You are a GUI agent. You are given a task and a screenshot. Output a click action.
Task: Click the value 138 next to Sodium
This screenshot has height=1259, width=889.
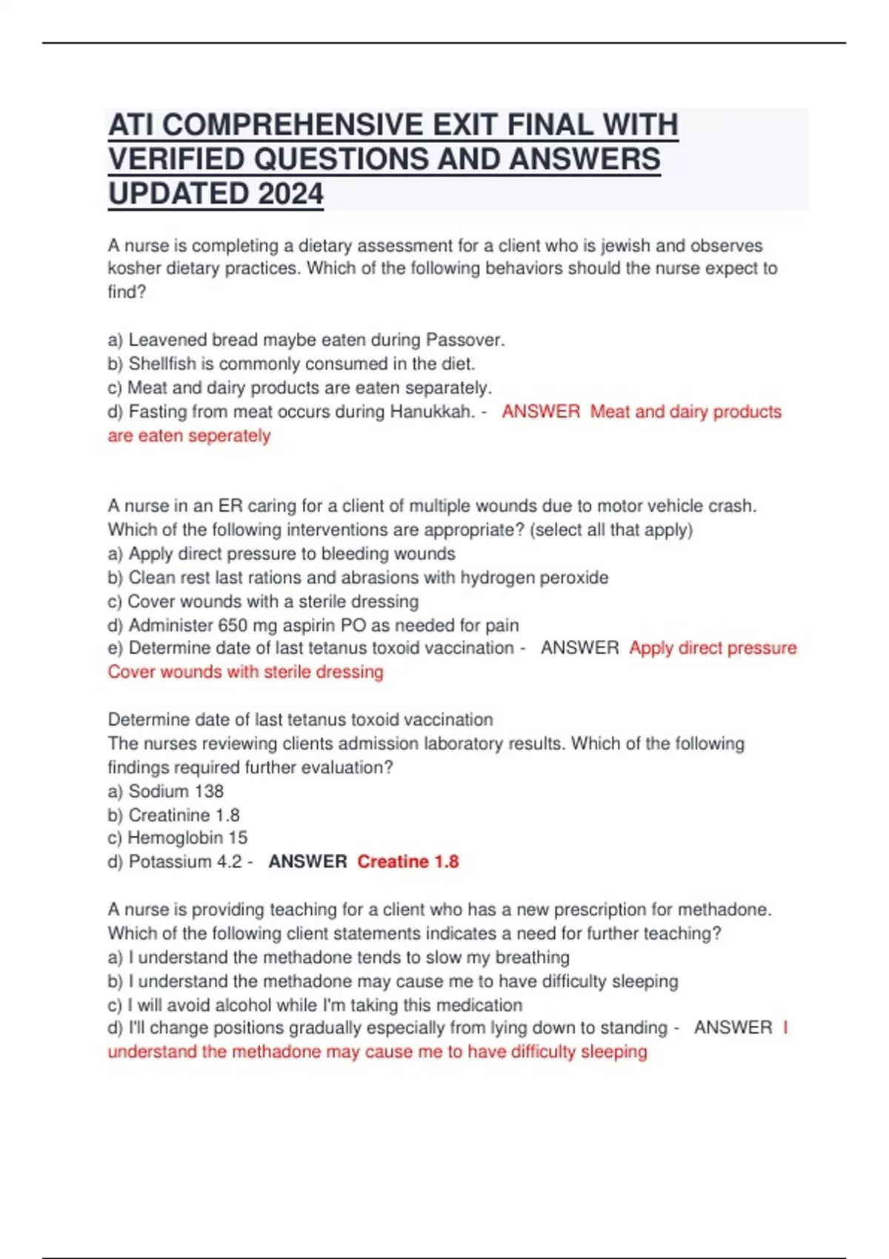[x=209, y=791]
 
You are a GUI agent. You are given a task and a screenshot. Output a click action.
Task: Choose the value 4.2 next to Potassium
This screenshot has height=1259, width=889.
[x=227, y=861]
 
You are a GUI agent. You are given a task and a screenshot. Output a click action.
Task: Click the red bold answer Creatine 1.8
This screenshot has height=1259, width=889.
[x=408, y=861]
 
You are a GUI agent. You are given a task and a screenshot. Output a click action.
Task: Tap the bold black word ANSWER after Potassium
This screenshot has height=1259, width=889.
[x=307, y=861]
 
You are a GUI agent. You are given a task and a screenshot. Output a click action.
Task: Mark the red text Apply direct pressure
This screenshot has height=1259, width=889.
[x=713, y=648]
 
